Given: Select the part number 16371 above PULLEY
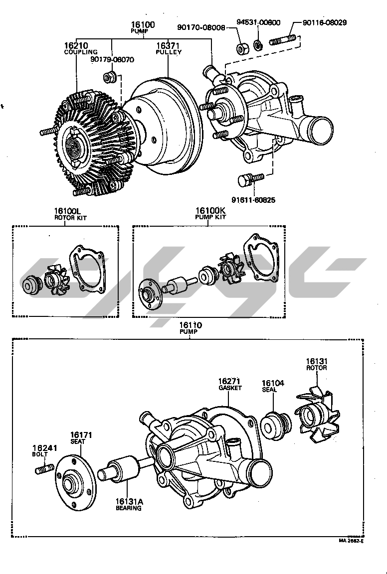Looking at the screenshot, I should (168, 45).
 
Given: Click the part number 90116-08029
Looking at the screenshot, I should (325, 22).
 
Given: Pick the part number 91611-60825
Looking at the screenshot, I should (253, 200).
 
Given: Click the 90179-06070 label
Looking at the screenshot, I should (112, 59).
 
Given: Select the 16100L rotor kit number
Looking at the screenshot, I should (66, 211).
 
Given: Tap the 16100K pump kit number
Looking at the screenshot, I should (210, 211).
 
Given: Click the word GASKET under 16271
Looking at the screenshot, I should (229, 388).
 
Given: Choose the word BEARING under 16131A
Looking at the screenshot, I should (129, 508).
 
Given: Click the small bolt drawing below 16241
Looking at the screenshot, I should (44, 469).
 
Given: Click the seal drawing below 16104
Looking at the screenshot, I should (275, 425).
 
